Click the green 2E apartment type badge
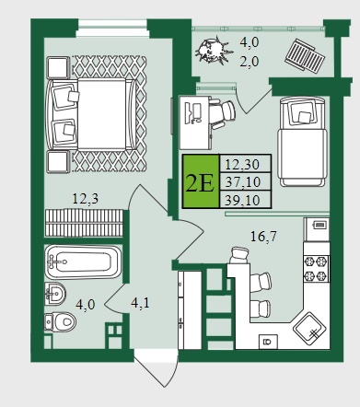[201, 181]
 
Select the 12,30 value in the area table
[242, 164]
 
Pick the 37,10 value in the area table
[242, 182]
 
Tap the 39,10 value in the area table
[242, 200]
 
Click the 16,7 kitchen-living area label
[263, 237]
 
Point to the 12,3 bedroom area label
[86, 199]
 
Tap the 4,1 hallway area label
[140, 303]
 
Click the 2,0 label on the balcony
[250, 61]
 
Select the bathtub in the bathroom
[83, 262]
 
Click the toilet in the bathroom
[60, 321]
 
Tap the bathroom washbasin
[55, 294]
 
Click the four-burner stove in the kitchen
[316, 269]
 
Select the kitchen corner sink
[309, 330]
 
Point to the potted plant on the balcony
[213, 50]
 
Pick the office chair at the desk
[223, 114]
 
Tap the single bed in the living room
[302, 142]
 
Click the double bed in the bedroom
[90, 114]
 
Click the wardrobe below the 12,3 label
[84, 223]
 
